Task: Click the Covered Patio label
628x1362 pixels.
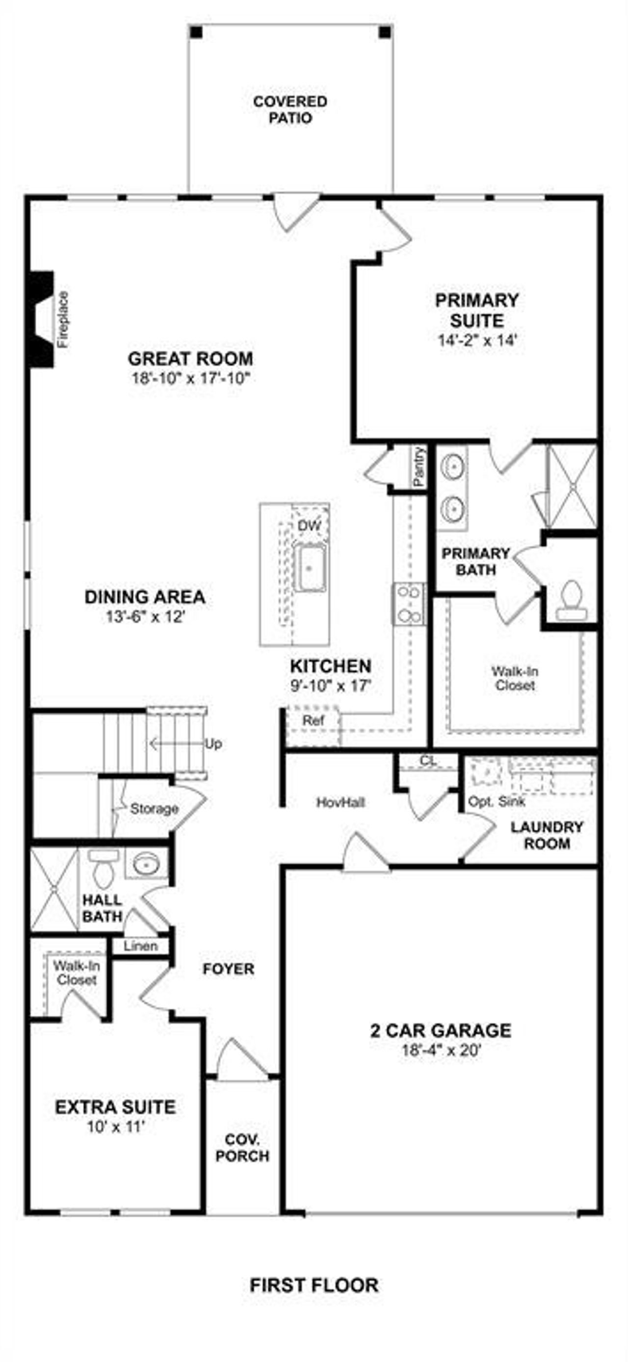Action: click(x=290, y=109)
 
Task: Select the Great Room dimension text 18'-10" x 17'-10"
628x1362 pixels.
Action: click(x=190, y=378)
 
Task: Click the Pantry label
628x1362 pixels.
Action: click(x=419, y=466)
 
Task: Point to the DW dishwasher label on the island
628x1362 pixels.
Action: click(x=309, y=526)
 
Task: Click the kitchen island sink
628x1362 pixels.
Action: click(x=310, y=568)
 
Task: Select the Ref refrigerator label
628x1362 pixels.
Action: click(x=313, y=720)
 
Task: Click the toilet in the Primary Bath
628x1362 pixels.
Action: click(x=571, y=601)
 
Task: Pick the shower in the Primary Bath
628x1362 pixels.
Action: click(x=572, y=486)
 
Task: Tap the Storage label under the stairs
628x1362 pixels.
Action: click(x=154, y=808)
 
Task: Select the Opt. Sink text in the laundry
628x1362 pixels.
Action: click(x=496, y=801)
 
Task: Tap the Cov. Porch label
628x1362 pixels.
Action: click(x=242, y=1148)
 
